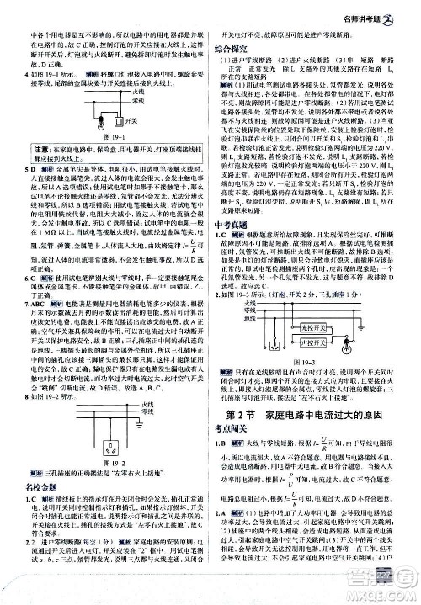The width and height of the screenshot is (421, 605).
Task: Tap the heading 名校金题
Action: click(34, 489)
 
